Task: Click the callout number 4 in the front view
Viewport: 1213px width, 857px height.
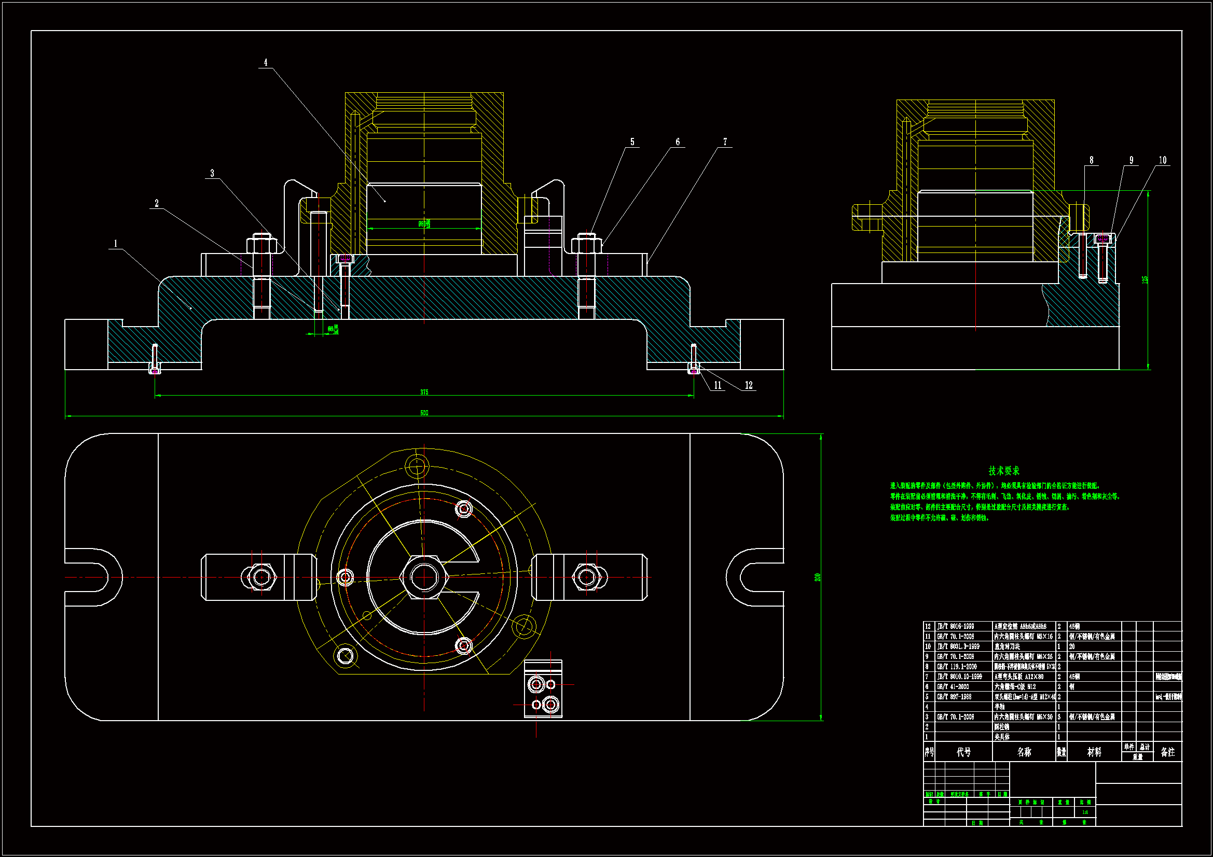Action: [265, 62]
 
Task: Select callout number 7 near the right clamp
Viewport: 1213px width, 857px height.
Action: [725, 142]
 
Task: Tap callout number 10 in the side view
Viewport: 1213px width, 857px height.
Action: [1162, 160]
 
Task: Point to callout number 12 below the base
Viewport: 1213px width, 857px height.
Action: [748, 385]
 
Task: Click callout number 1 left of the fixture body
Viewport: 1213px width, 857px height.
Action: [116, 244]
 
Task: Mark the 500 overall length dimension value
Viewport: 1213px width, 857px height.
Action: [424, 412]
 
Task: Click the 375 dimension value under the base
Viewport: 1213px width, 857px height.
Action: [424, 392]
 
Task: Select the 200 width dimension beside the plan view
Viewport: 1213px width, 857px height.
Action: [817, 577]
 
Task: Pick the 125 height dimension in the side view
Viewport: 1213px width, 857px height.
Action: [1145, 279]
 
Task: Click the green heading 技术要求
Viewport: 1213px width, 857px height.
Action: [1004, 470]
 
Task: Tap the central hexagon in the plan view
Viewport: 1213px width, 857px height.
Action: [424, 577]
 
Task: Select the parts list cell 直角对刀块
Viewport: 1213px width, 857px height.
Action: [1007, 647]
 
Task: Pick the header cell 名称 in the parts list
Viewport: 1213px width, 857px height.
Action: [1024, 752]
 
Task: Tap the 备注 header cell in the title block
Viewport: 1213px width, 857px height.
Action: [1167, 752]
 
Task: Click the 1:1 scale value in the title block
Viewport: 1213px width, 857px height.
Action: [1085, 812]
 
